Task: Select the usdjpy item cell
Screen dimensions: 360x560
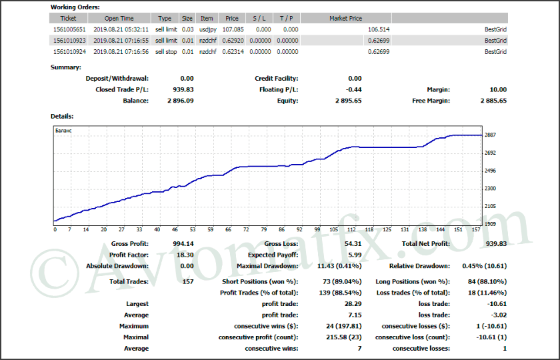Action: click(x=207, y=29)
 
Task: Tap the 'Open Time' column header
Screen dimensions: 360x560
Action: click(x=118, y=18)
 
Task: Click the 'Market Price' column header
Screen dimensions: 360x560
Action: click(x=345, y=18)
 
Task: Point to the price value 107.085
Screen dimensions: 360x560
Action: click(x=231, y=29)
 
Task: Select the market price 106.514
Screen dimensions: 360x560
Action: click(x=378, y=29)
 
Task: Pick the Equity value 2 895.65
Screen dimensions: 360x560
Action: click(x=348, y=101)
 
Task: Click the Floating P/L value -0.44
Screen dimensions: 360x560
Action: click(x=353, y=89)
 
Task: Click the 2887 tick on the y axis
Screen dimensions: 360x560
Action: click(x=490, y=135)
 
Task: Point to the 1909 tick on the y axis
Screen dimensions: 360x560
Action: click(x=490, y=224)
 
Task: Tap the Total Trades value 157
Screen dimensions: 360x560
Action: click(x=187, y=281)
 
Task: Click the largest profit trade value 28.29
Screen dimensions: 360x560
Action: click(x=353, y=303)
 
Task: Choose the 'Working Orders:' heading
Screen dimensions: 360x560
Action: click(x=75, y=7)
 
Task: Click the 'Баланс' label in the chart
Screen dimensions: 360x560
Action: click(x=63, y=131)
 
